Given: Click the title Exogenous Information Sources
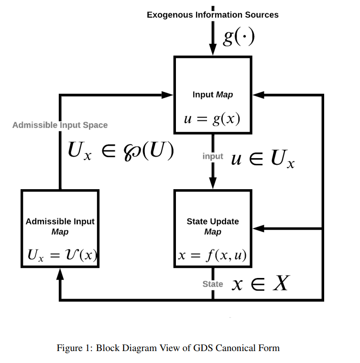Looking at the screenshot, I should pos(212,15).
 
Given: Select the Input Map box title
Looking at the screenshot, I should pos(213,95).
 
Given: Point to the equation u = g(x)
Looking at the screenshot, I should pos(212,119).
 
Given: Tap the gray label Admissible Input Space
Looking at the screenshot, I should pos(60,125).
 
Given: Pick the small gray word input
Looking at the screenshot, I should pos(213,156).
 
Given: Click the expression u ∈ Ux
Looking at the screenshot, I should pos(262,159).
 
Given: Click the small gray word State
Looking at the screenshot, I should pos(213,284).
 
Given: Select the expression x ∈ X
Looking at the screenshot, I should pos(260,284).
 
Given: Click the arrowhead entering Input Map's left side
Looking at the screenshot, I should pos(167,95).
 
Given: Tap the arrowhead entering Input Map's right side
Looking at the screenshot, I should pos(259,95).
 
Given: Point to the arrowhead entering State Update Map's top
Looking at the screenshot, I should pos(213,184).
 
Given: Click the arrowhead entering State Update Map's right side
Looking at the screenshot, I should pos(259,229).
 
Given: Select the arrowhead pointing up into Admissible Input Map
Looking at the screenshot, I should pos(60,274).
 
